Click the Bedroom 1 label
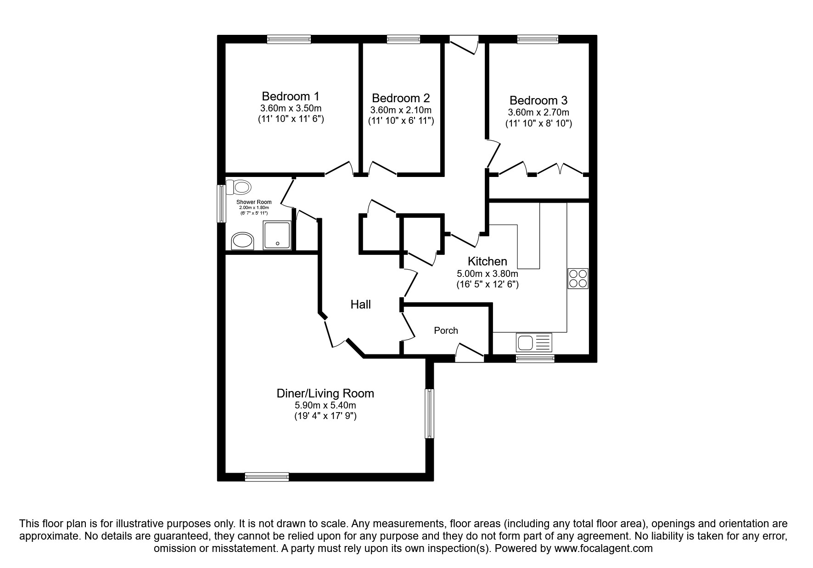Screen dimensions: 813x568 290,96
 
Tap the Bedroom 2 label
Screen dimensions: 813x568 401,98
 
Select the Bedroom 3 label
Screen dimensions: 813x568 538,100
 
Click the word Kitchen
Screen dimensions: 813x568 487,261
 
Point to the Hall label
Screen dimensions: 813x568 360,304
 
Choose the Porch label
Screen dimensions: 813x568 446,331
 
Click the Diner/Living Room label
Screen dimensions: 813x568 325,393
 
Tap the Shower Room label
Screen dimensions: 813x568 254,202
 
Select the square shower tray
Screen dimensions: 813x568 277,235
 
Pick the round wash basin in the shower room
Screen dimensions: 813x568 242,241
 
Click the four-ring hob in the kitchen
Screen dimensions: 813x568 578,278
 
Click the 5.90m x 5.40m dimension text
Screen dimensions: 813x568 325,406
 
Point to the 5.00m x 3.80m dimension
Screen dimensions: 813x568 487,274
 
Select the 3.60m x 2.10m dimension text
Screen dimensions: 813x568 401,110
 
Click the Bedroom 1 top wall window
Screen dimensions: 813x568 289,40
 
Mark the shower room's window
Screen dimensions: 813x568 221,204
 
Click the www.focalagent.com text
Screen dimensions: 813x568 603,548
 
